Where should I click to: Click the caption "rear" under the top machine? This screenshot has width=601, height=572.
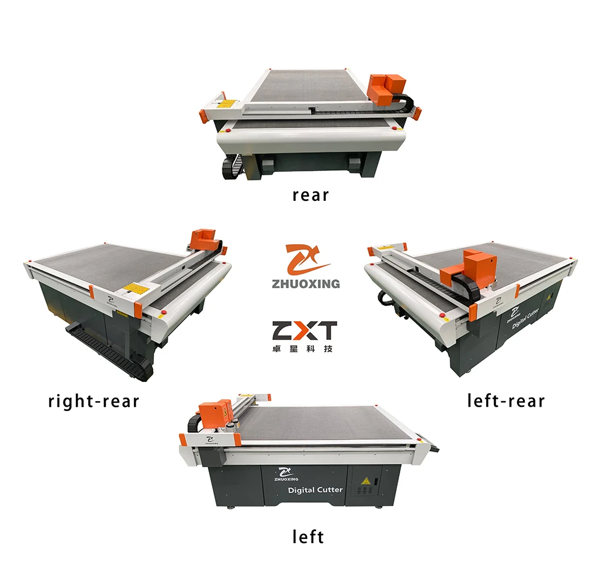311,195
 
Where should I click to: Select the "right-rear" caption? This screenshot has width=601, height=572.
94,401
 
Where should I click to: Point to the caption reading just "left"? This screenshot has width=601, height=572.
308,536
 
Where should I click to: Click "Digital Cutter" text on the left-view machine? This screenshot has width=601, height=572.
316,490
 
